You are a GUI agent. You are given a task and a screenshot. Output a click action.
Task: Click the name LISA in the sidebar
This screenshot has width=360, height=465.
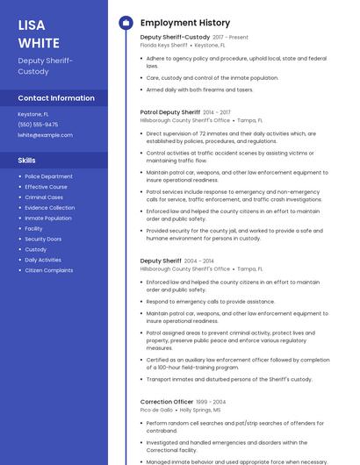click(32, 25)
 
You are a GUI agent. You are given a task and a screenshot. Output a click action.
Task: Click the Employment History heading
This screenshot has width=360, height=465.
click(184, 23)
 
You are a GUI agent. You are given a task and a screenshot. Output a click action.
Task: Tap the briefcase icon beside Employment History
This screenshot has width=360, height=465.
click(125, 23)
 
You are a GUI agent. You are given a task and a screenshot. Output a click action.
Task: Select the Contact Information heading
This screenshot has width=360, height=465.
click(56, 98)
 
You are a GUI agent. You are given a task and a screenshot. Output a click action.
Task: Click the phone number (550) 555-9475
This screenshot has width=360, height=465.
click(38, 125)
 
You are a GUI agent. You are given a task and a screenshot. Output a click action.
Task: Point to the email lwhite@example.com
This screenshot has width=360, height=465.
click(45, 135)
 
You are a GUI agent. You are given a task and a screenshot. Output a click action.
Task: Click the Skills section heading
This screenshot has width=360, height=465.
click(27, 161)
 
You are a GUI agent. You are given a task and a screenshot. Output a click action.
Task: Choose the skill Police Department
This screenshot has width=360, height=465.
click(49, 176)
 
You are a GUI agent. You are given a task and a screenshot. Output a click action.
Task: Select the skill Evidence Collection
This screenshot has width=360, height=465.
click(50, 208)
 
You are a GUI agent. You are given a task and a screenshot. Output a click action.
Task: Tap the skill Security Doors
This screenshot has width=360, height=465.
click(43, 240)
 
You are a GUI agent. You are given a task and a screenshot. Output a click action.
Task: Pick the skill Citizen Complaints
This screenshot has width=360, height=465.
click(49, 270)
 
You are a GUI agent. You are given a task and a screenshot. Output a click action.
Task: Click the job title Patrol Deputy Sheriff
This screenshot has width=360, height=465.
click(170, 112)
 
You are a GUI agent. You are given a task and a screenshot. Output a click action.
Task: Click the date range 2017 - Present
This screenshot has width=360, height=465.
click(230, 38)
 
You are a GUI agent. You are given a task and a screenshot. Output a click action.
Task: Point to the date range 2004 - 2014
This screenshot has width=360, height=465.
click(198, 261)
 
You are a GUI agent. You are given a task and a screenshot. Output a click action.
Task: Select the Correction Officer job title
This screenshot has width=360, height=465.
click(167, 402)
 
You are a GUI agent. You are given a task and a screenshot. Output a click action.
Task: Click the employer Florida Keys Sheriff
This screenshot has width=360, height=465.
click(164, 45)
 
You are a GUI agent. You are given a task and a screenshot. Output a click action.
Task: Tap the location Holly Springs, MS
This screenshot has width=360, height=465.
click(200, 410)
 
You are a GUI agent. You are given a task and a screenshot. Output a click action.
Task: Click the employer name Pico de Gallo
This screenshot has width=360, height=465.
click(156, 410)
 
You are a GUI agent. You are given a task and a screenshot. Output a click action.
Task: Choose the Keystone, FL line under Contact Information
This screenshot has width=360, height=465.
click(33, 114)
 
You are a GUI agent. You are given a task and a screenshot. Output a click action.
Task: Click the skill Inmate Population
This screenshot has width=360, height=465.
click(48, 218)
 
